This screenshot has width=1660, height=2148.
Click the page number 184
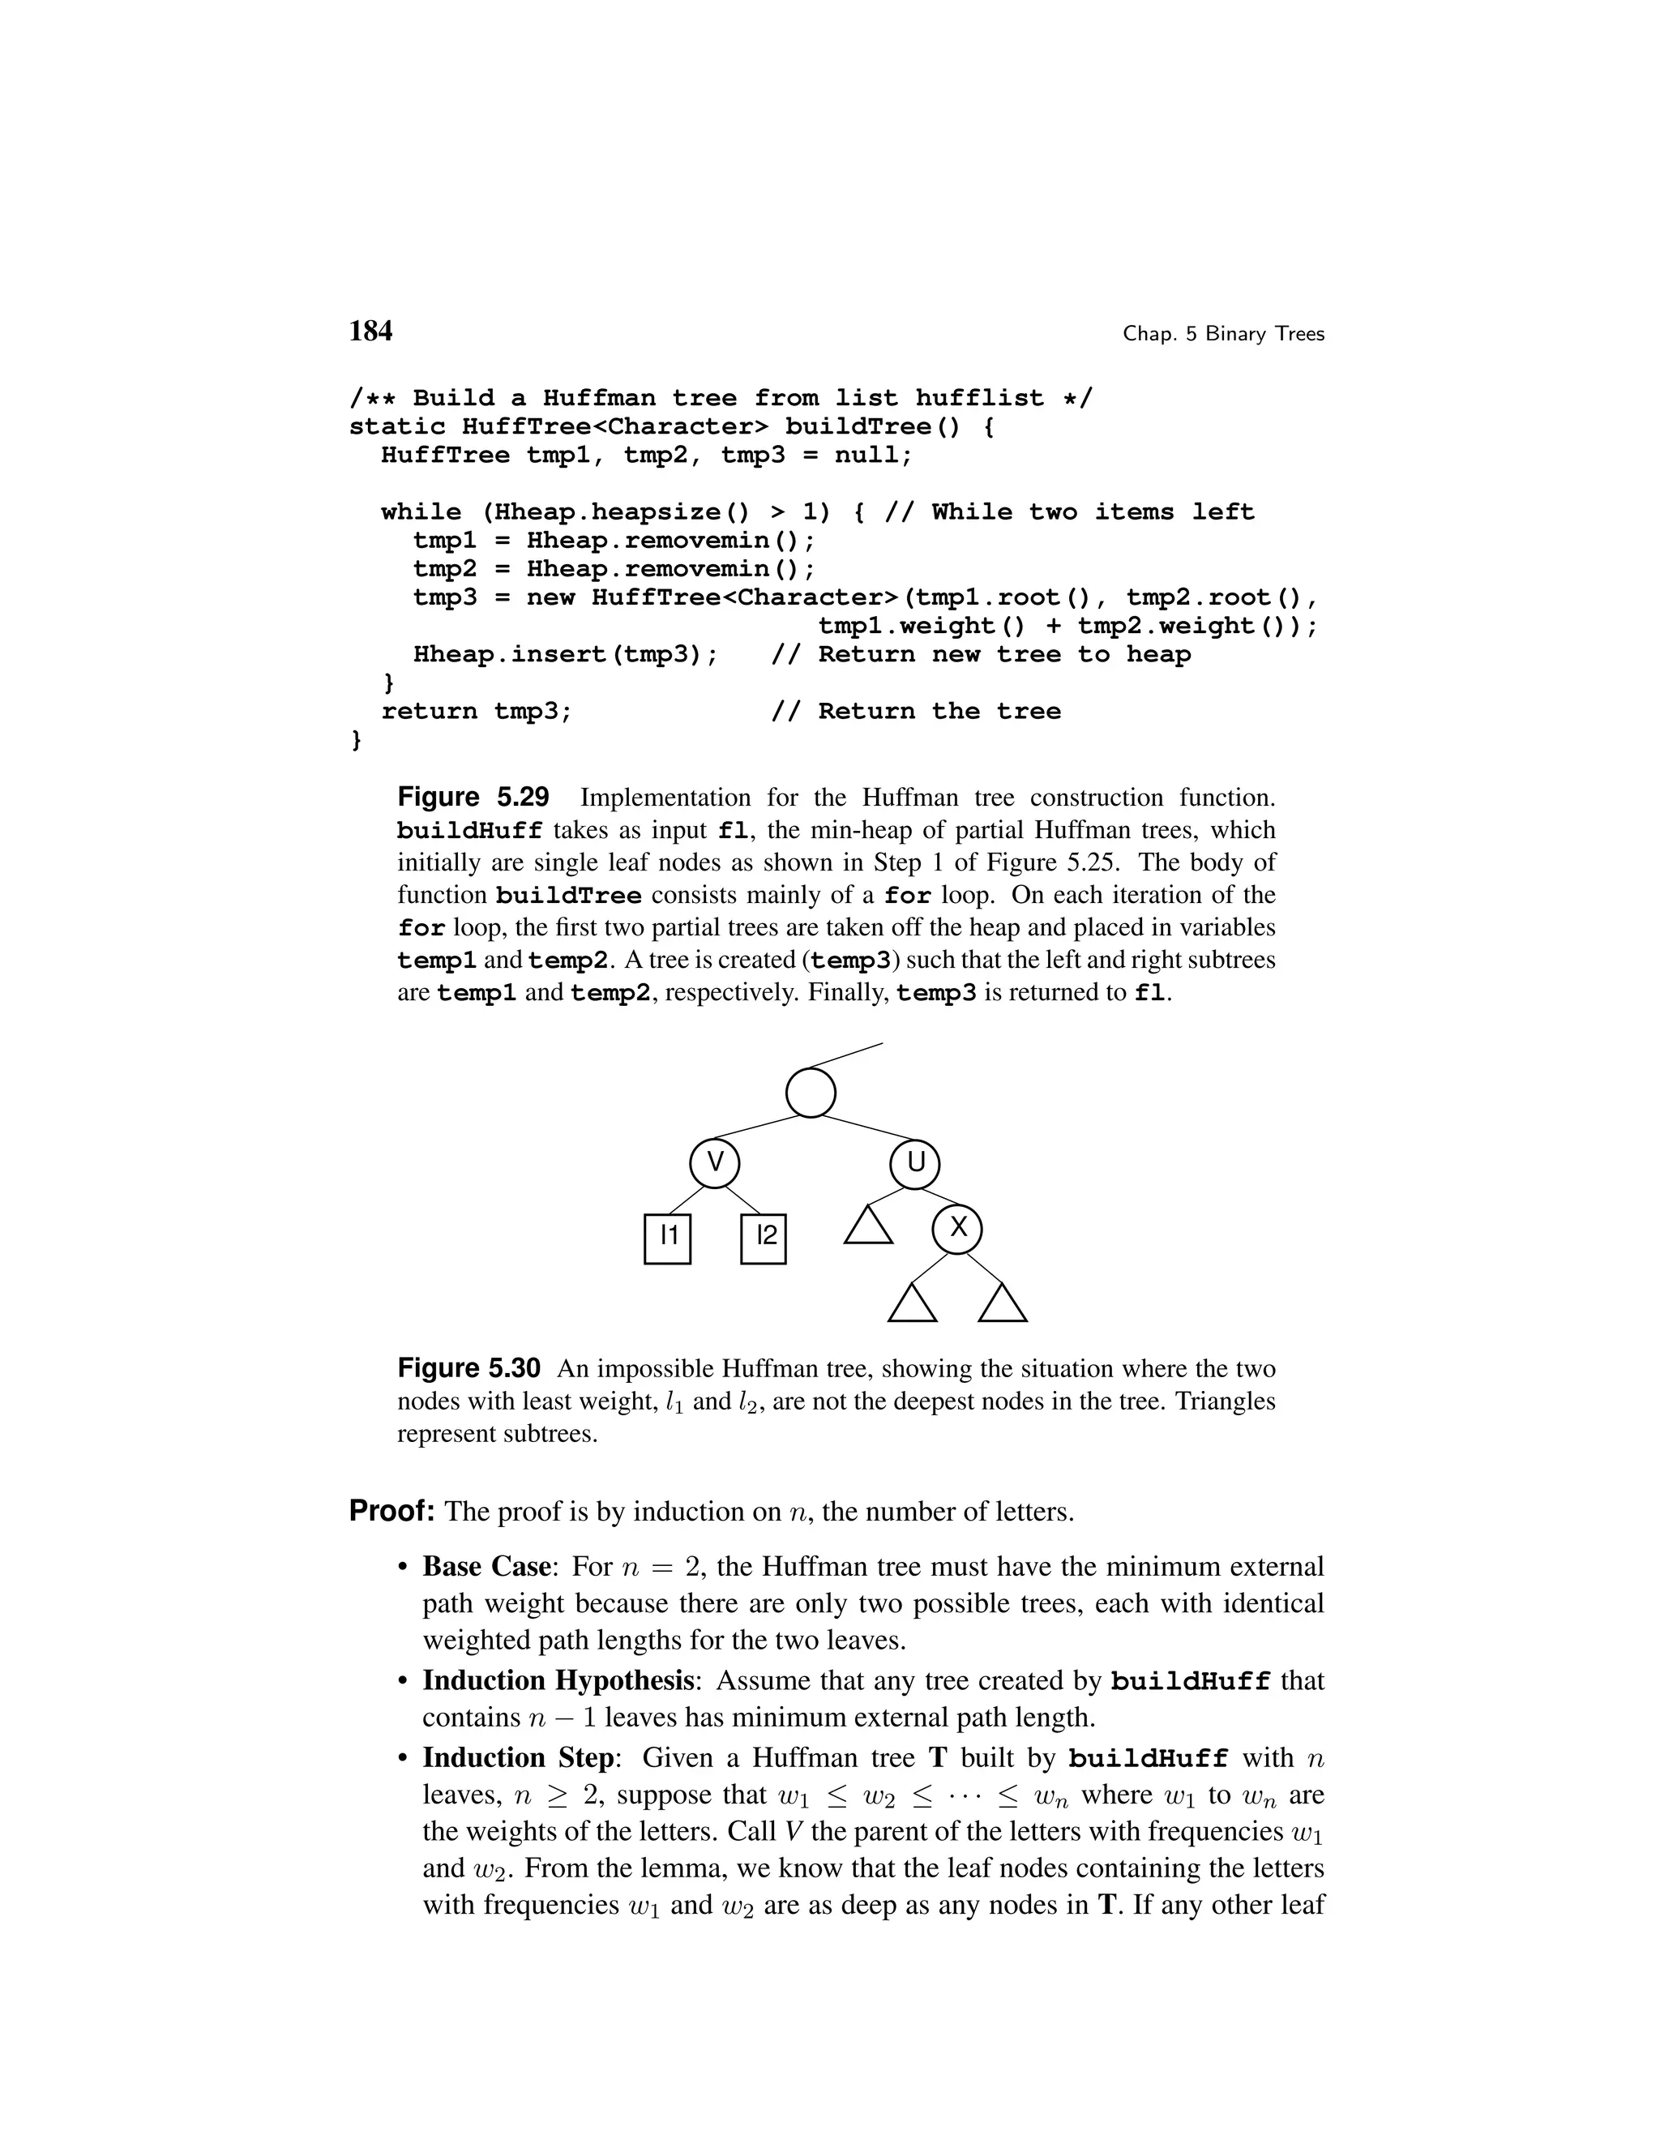pyautogui.click(x=370, y=332)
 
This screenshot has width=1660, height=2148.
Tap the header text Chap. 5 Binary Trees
pyautogui.click(x=1223, y=335)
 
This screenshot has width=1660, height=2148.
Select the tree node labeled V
pyautogui.click(x=715, y=1163)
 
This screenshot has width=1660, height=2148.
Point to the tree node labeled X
pyautogui.click(x=958, y=1227)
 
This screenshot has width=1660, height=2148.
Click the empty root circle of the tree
pyautogui.click(x=811, y=1092)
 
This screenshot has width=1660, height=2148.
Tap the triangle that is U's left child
pyautogui.click(x=868, y=1227)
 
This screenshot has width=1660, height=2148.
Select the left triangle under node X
pyautogui.click(x=912, y=1305)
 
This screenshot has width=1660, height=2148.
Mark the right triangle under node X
pyautogui.click(x=1003, y=1305)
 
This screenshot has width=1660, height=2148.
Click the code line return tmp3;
pyautogui.click(x=477, y=711)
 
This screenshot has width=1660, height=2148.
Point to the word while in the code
pyautogui.click(x=421, y=512)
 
